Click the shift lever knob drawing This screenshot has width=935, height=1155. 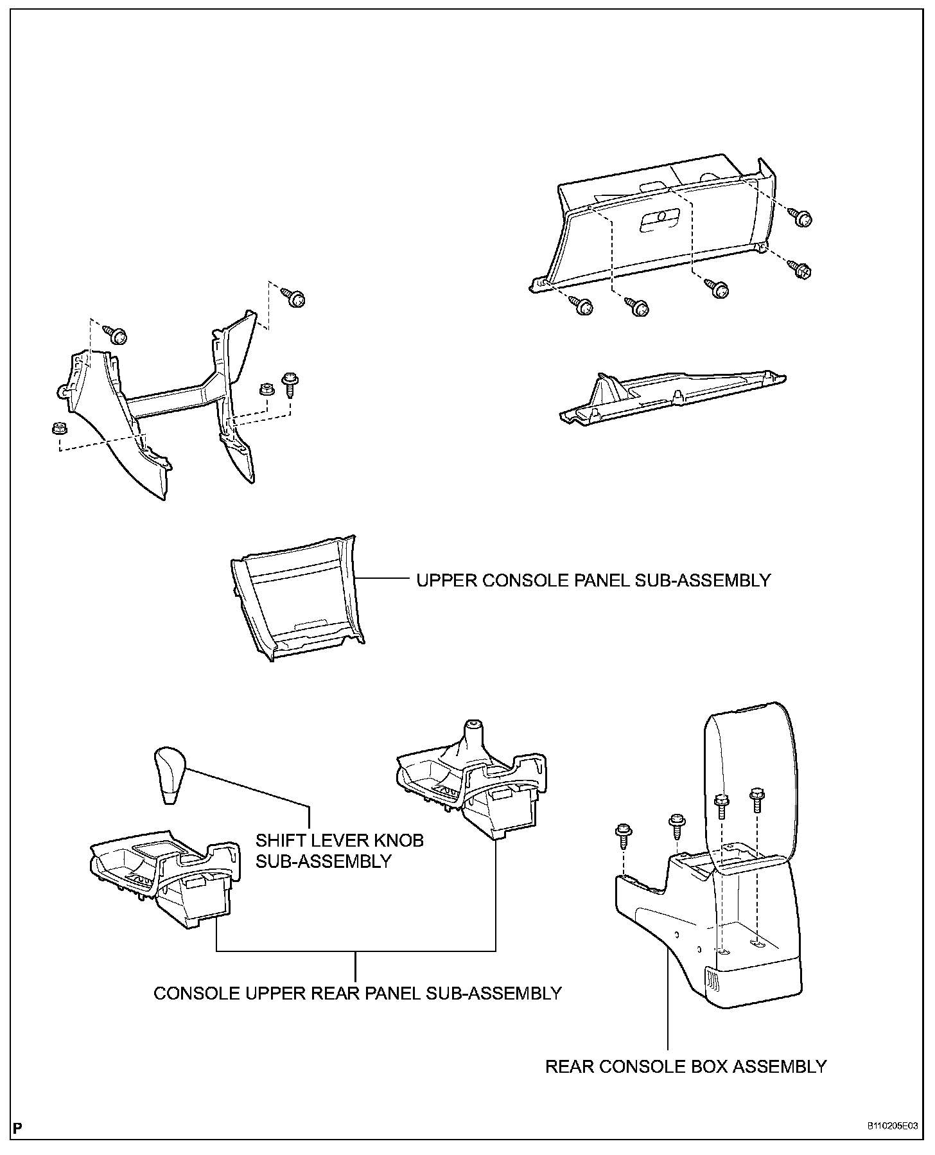(169, 775)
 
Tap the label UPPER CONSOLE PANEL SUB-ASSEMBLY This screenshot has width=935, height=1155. (593, 581)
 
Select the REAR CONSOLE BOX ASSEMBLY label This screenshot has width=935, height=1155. (686, 1067)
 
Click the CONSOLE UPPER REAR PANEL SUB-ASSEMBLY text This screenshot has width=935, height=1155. (358, 993)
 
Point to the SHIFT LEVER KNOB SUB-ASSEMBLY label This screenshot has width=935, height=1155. (340, 851)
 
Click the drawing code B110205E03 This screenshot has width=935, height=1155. (892, 1126)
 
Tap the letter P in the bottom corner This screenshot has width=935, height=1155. (18, 1127)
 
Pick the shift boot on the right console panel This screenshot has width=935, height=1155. (473, 745)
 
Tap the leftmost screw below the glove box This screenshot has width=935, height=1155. (583, 306)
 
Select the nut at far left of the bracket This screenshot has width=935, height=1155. (57, 427)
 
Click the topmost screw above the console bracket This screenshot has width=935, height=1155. (295, 298)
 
